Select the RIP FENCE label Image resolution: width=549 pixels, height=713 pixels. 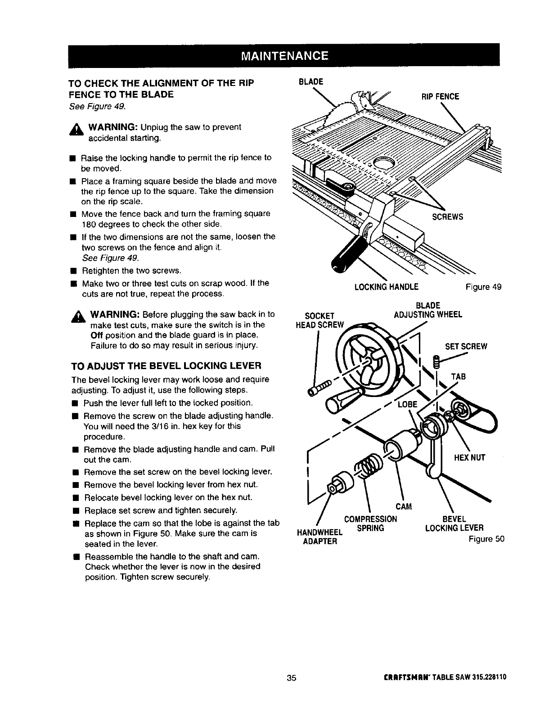tap(440, 96)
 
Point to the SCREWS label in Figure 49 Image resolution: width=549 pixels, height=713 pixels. tap(447, 217)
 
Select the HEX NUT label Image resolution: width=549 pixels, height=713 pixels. tap(469, 458)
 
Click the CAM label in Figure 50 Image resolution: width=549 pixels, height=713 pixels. tap(404, 507)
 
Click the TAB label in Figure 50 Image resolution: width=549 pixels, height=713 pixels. tap(459, 376)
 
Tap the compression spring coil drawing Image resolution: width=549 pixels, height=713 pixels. tap(369, 463)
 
